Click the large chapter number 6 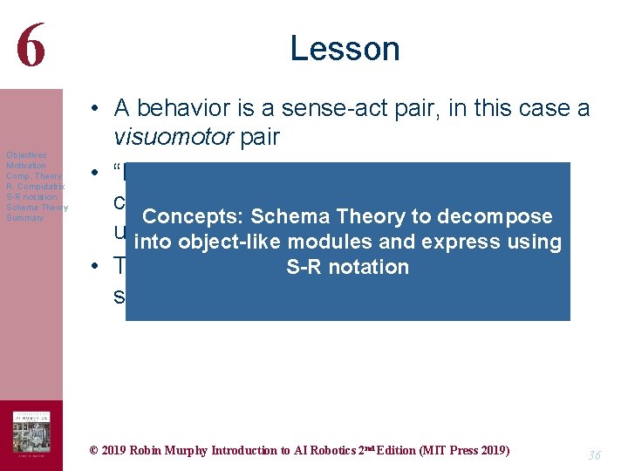pos(30,46)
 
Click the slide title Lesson pos(345,48)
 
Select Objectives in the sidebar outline pos(26,154)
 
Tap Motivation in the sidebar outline pos(26,165)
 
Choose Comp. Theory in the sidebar pos(33,175)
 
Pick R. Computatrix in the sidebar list pos(35,186)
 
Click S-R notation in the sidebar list pos(31,196)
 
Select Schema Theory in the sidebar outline pos(37,207)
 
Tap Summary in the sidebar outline pos(24,217)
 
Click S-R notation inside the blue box pos(347,267)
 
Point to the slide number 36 pos(594,455)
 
